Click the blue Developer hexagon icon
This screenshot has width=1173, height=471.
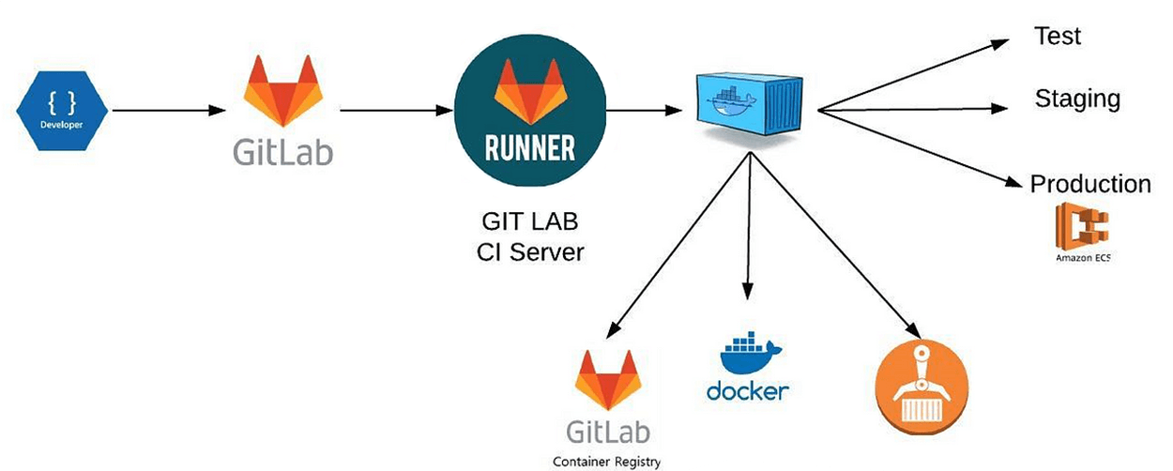[62, 111]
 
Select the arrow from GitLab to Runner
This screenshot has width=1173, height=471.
[394, 111]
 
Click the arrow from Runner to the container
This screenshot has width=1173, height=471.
[643, 111]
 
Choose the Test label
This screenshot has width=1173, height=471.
[1057, 37]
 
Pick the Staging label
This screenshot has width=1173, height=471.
[1077, 99]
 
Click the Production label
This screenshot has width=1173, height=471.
[1089, 184]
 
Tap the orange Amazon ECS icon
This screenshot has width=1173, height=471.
[1081, 225]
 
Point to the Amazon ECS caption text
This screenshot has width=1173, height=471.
[1082, 257]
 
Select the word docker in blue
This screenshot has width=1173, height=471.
[748, 390]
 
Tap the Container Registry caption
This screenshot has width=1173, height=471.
[606, 461]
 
